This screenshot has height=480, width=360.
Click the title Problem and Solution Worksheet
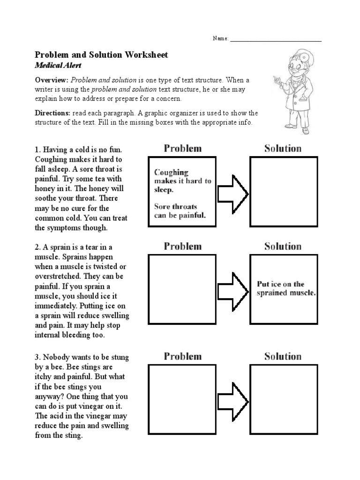tap(102, 55)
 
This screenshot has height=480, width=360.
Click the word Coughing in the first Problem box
tap(171, 172)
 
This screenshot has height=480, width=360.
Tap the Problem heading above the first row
tap(182, 149)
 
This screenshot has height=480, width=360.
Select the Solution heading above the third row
tap(283, 356)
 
